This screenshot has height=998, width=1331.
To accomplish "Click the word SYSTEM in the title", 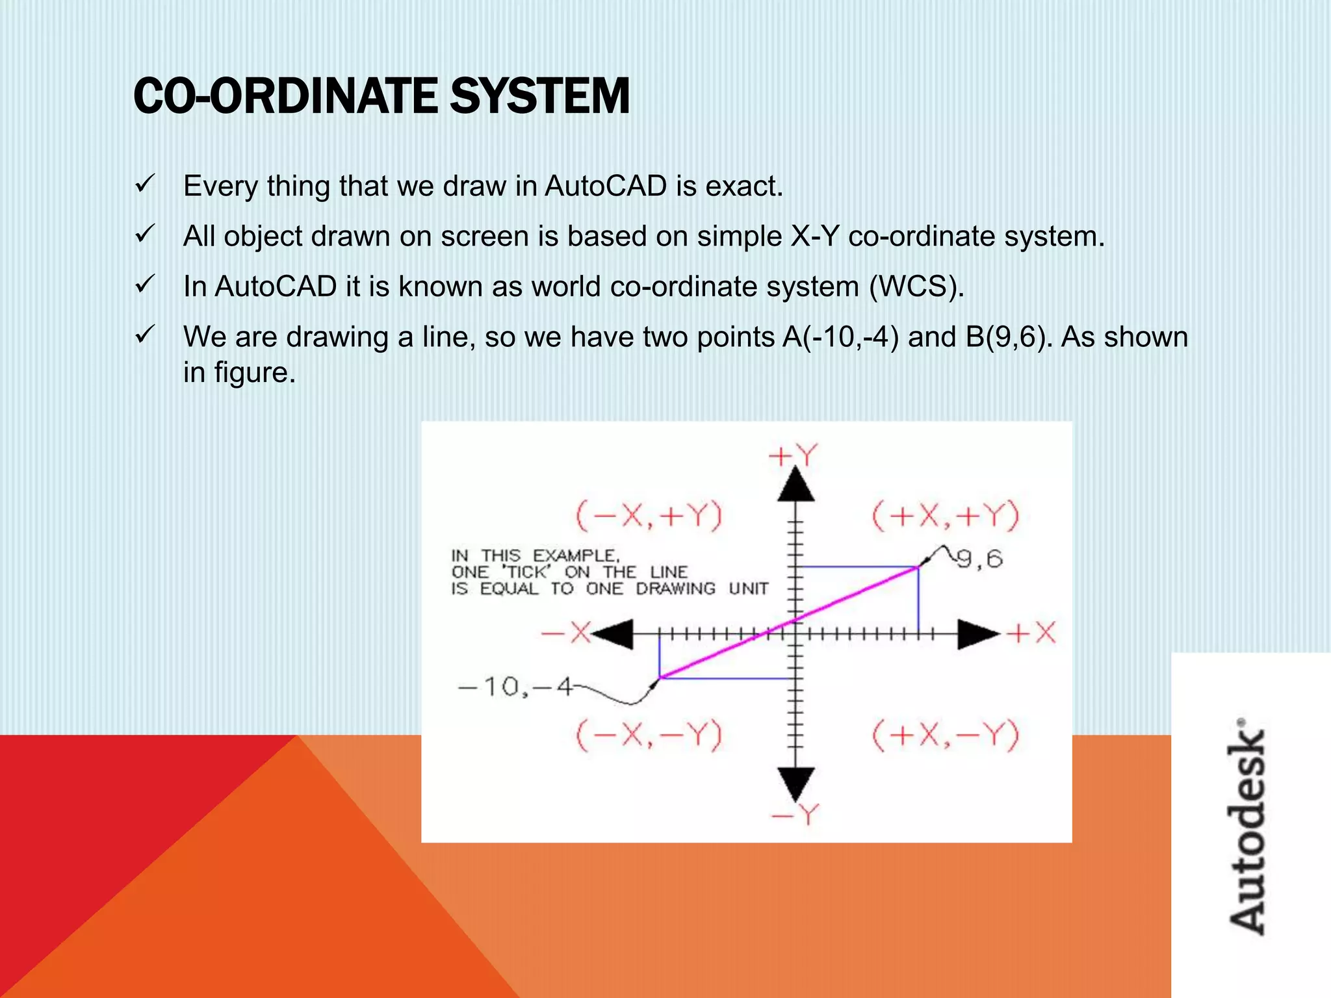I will tap(539, 96).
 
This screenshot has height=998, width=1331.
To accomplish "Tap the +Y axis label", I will tap(793, 456).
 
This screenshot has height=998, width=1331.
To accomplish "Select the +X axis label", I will tap(1032, 633).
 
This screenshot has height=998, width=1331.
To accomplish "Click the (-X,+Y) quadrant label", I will tap(649, 517).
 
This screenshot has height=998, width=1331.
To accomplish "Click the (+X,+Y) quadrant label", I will tap(946, 517).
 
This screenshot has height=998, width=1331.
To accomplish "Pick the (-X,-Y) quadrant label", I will tap(649, 736).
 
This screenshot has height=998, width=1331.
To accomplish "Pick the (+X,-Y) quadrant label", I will tap(946, 736).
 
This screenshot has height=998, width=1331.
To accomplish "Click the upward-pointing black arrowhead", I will tap(796, 484).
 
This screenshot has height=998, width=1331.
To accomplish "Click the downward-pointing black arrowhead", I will tap(796, 784).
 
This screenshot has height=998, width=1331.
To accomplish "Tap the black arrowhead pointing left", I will tap(614, 634).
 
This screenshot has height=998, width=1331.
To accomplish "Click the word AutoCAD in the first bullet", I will tap(606, 186).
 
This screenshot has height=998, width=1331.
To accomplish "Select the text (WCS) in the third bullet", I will tap(916, 287).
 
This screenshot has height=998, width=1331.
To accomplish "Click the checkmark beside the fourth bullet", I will tap(144, 335).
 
